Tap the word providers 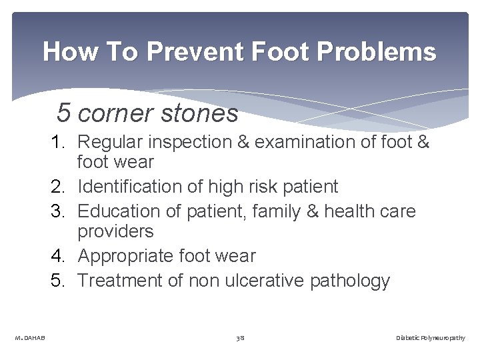[x=115, y=232]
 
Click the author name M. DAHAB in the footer [x=30, y=339]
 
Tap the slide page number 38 [x=240, y=339]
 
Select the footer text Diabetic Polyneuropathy [x=430, y=339]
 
